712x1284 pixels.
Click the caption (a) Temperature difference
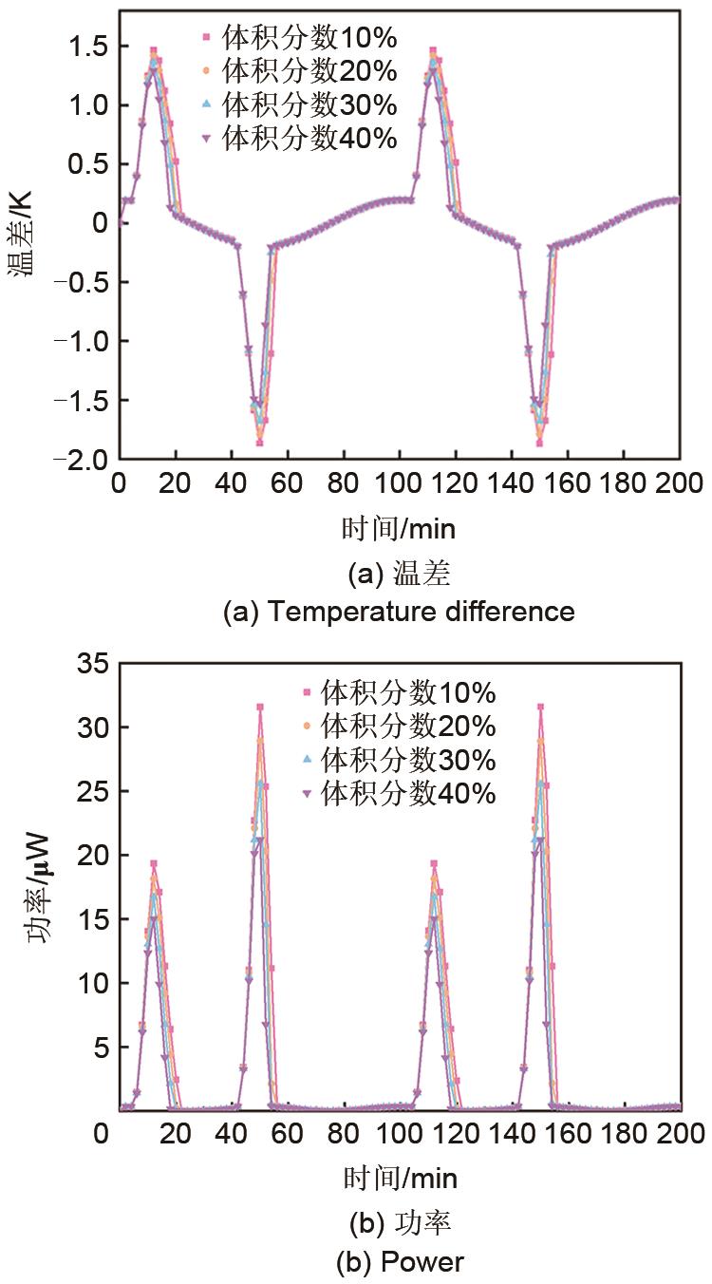tap(399, 611)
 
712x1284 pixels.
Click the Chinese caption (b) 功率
tap(399, 1222)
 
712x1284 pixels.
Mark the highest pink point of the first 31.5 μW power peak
tap(259, 707)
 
